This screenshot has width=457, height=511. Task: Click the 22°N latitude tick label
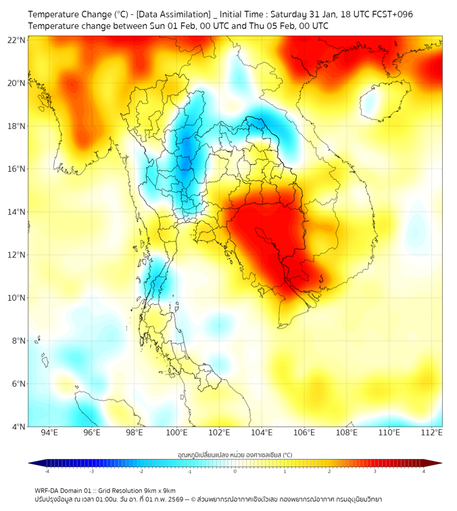[x=17, y=40]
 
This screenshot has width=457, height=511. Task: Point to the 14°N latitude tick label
[x=17, y=212]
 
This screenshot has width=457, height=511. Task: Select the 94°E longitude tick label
[x=49, y=433]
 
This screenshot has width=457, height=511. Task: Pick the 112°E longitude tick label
[x=431, y=433]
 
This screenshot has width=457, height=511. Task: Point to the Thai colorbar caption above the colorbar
[x=235, y=455]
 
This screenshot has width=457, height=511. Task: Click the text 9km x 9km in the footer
[x=160, y=491]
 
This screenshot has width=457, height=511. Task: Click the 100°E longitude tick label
[x=177, y=433]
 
